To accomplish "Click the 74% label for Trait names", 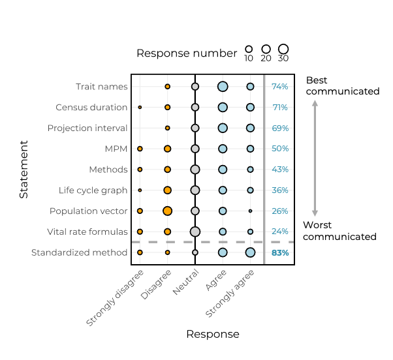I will pos(280,87).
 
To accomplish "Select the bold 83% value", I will pos(280,253).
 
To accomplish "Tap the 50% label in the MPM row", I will pos(280,149).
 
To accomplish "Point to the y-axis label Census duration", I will pos(91,108).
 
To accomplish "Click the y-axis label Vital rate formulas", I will pos(87,232).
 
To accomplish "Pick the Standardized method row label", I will pos(79,253).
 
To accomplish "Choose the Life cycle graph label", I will pos(93,190).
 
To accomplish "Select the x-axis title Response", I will pos(213,335).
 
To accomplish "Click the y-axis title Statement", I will pos(24,169).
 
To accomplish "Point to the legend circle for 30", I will pos(283,49).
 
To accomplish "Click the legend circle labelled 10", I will pos(249,49).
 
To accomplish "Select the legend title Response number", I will pos(186,53).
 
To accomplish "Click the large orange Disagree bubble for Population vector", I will pos(168,211).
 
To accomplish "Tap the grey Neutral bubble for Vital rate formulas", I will pos(195,232).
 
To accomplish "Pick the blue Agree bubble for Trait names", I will pos(223,86).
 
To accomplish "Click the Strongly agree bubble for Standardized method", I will pos(250,252).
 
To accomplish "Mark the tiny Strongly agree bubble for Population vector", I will pos(250,211).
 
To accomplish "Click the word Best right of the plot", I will pos(317,80).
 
